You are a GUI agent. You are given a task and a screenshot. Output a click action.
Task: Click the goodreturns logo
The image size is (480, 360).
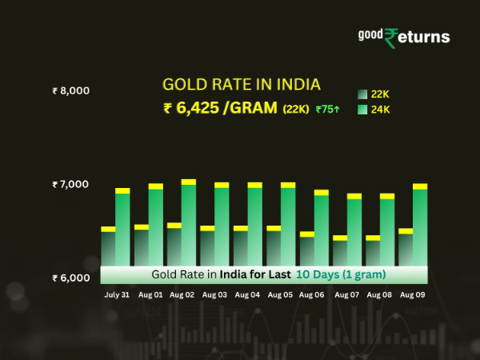[402, 37]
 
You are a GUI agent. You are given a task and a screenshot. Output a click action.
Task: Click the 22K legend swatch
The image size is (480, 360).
[362, 94]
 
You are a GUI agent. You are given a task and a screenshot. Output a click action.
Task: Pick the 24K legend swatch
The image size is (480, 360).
[362, 110]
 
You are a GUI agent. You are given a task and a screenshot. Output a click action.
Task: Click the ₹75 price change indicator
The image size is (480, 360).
[329, 110]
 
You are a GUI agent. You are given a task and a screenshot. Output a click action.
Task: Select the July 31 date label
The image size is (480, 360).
[117, 294]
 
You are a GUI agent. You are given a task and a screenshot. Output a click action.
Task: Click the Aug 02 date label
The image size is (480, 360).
[183, 294]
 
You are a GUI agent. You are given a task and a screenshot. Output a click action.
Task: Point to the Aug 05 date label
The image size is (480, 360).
[280, 294]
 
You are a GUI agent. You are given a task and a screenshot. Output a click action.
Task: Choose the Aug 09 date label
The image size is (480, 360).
[413, 294]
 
